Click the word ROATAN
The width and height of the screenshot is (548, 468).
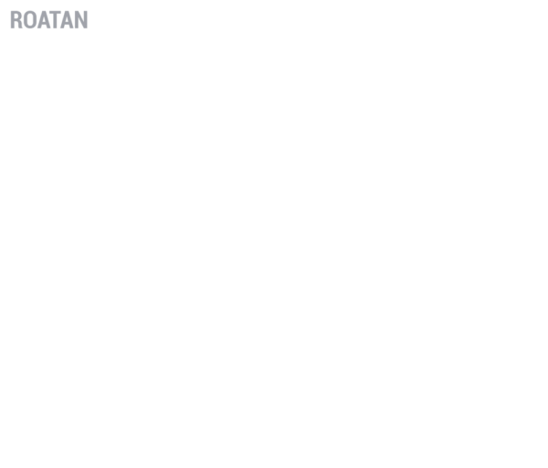coord(49,19)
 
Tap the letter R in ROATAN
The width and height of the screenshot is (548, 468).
coord(16,19)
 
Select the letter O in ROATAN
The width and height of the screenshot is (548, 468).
coord(30,19)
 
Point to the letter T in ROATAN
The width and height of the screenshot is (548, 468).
coord(54,19)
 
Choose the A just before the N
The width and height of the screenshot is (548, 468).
coord(67,19)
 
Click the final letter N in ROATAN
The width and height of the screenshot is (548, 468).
coord(81,19)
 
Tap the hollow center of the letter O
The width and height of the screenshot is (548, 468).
coord(30,19)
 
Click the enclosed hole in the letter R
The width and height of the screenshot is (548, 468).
coord(17,16)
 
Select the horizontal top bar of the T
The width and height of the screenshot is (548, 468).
coord(54,13)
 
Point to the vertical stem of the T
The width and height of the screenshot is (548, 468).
coord(54,21)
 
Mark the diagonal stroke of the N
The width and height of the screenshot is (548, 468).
coord(81,19)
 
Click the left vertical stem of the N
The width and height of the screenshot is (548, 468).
coord(76,19)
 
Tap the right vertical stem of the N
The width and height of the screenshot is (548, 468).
coord(86,19)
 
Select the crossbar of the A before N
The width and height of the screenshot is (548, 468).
coord(67,24)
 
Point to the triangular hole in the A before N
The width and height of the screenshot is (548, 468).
coord(67,19)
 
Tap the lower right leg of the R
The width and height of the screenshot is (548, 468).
coord(20,26)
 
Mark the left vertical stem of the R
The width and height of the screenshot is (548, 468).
coord(13,19)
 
